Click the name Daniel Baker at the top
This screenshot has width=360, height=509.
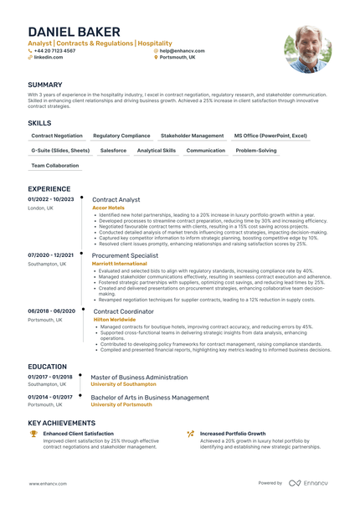coord(74,32)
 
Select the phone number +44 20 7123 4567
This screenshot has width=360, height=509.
coord(54,50)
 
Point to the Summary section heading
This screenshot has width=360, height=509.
coord(44,85)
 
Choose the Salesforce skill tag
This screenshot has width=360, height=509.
coord(113,151)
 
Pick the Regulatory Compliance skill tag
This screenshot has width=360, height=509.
coord(121,135)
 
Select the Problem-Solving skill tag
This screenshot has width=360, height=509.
coord(255,151)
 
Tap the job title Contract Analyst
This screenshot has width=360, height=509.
coord(116,200)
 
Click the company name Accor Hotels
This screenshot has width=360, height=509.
coord(108,208)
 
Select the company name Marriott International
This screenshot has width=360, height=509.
coord(119,263)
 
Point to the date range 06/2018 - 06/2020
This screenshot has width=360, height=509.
coord(51,311)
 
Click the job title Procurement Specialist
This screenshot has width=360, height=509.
coord(125,255)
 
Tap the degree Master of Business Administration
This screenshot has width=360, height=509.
coord(139,377)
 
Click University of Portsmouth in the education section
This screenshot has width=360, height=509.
coord(121,404)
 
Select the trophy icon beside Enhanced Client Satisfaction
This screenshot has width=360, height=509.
coord(33,434)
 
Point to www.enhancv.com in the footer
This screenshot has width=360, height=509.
coord(47,483)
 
